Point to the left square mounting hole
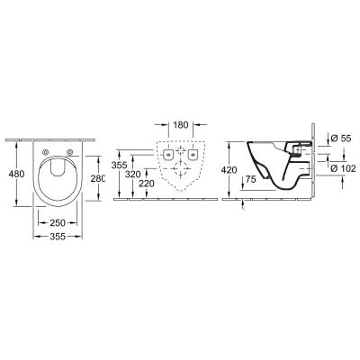pos(168,154)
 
